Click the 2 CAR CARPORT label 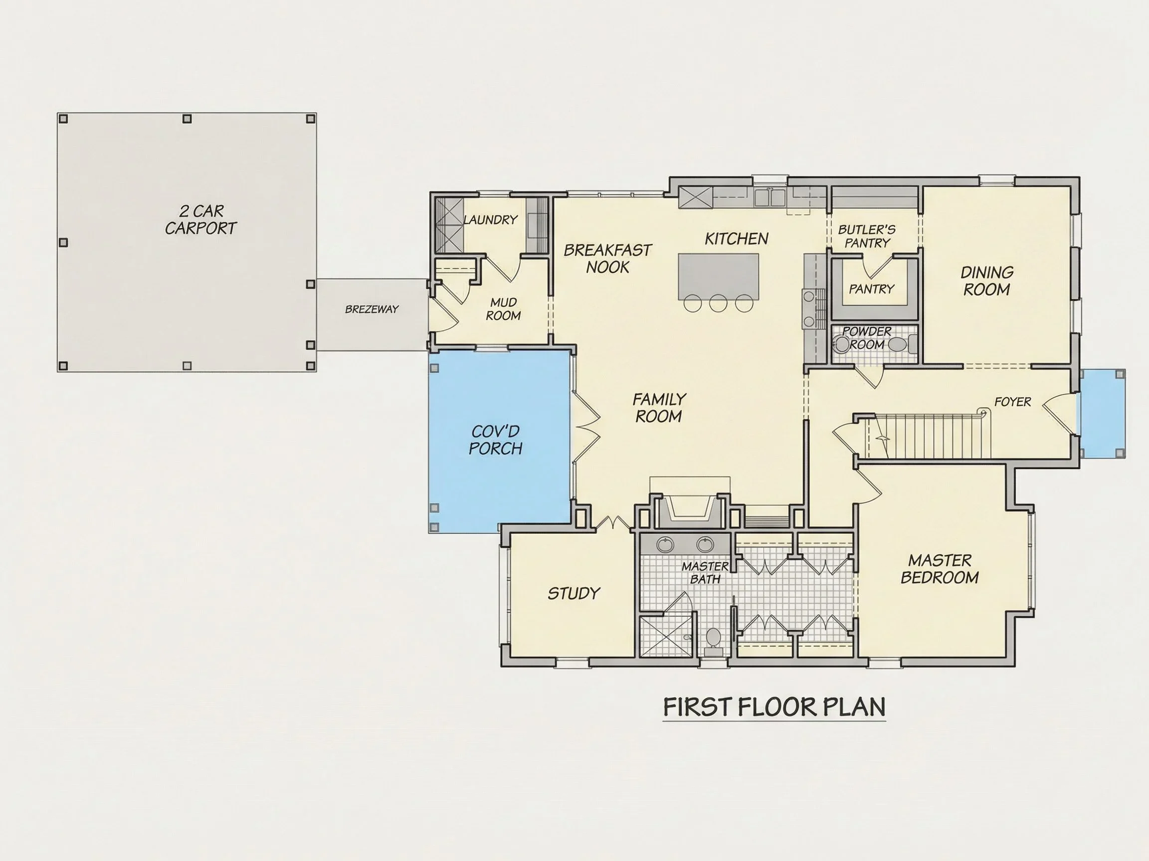[x=200, y=220]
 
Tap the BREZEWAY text [x=372, y=309]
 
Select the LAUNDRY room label [x=490, y=220]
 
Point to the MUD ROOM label [x=503, y=309]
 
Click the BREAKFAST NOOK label [x=607, y=259]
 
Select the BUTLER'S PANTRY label [x=867, y=236]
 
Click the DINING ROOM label [x=986, y=281]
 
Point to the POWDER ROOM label [x=866, y=338]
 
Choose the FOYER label [x=1012, y=402]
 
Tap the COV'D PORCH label [x=496, y=440]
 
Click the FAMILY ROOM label [x=659, y=408]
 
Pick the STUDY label [x=574, y=593]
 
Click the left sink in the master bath [x=665, y=545]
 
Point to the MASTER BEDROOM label [x=939, y=569]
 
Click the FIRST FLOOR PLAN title [x=774, y=707]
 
